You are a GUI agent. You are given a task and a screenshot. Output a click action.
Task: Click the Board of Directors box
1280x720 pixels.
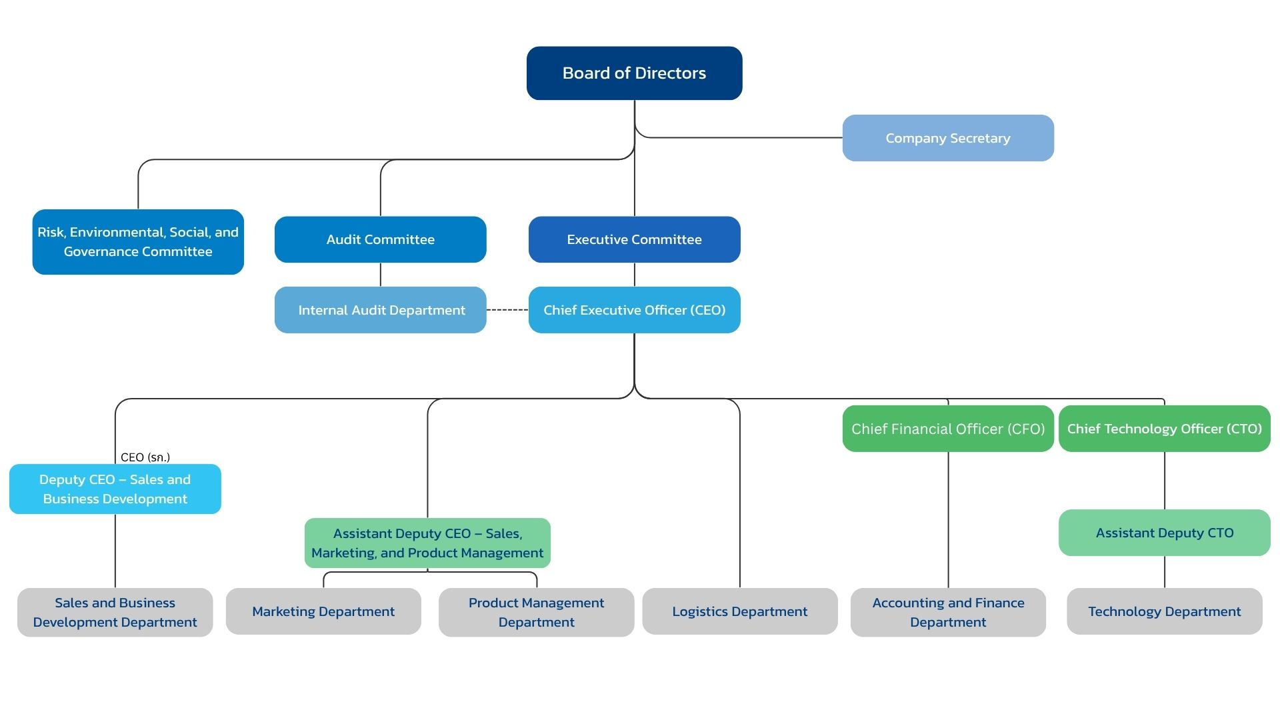click(x=634, y=73)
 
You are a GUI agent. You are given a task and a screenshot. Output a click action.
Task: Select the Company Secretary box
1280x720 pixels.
click(x=948, y=138)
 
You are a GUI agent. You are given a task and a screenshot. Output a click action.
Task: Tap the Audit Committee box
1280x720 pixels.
click(x=381, y=239)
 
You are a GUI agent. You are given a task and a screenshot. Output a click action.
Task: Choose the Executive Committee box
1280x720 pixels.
click(x=634, y=239)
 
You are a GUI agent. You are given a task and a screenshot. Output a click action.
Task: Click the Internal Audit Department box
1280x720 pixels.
click(x=381, y=310)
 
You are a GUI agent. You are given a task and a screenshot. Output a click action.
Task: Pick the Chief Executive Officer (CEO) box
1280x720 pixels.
click(x=634, y=310)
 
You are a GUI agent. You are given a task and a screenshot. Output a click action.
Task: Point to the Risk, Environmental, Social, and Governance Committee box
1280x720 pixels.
click(x=138, y=242)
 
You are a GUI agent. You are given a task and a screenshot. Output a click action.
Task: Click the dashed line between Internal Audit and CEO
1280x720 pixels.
click(x=507, y=310)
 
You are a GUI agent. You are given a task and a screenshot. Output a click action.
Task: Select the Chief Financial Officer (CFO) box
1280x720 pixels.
click(x=948, y=429)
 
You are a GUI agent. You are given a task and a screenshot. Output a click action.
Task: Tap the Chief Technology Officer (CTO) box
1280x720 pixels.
click(x=1165, y=429)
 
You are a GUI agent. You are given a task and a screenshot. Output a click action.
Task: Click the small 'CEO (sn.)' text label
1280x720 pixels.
click(x=145, y=457)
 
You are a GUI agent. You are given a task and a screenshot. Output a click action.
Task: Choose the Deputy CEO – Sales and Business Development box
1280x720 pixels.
click(x=115, y=489)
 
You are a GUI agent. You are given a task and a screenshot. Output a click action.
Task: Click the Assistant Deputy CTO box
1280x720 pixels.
click(x=1165, y=533)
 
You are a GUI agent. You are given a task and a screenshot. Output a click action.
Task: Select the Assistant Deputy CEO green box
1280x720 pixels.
click(x=427, y=543)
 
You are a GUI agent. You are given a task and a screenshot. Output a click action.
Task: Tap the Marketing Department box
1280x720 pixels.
click(x=323, y=611)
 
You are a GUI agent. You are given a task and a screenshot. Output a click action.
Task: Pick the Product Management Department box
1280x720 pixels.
click(x=537, y=612)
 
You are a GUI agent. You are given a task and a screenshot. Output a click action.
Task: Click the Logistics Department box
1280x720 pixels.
click(x=740, y=611)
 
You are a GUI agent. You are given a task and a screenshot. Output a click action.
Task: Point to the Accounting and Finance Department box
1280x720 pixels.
click(x=948, y=612)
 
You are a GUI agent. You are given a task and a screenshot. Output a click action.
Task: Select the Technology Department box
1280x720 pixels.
click(x=1165, y=611)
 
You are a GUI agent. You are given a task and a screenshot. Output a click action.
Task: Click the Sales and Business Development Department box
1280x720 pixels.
click(x=115, y=612)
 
